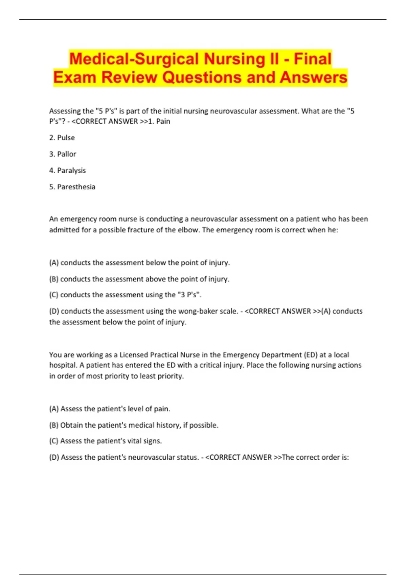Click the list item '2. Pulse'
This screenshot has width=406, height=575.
coord(62,138)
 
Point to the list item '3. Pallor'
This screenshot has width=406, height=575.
coord(63,154)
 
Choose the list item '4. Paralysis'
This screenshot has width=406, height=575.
coord(67,170)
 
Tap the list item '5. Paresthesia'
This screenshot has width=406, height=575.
coord(72,187)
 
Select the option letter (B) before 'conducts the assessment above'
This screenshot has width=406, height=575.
coord(54,279)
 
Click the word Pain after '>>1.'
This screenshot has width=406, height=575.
coord(163,121)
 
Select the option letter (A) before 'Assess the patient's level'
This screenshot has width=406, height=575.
coord(54,409)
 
